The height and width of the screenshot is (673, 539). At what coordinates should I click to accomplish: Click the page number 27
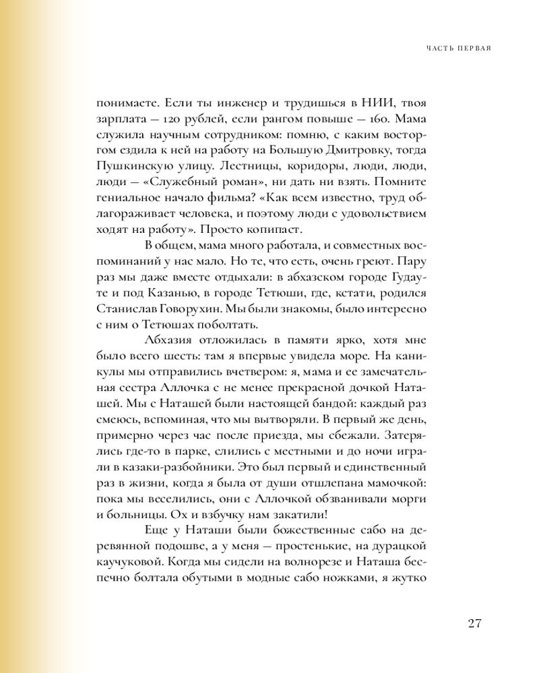click(x=473, y=623)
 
